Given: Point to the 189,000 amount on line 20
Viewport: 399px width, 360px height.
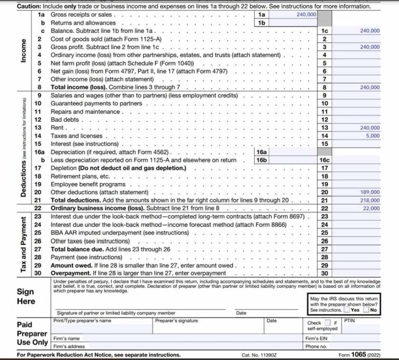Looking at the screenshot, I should tap(370, 192).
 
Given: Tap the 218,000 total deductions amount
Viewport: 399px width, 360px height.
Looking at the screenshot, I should tap(370, 200).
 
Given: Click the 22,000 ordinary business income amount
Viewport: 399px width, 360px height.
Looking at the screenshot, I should tap(371, 208).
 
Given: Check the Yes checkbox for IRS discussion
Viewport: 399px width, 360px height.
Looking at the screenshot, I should tap(346, 310).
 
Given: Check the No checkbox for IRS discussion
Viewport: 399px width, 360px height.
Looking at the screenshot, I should tap(366, 310).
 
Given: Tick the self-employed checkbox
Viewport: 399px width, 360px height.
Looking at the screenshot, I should tap(328, 323).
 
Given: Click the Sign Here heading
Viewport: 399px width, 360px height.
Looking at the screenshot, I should tap(26, 296).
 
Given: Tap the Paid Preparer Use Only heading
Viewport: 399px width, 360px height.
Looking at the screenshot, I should tap(25, 333).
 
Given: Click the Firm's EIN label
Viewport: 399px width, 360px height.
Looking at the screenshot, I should tap(317, 338).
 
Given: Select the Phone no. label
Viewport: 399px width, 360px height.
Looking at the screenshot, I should tap(316, 346).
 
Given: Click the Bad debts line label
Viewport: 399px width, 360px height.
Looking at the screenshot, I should tap(65, 119).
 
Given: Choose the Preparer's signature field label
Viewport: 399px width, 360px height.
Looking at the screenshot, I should tap(177, 321).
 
